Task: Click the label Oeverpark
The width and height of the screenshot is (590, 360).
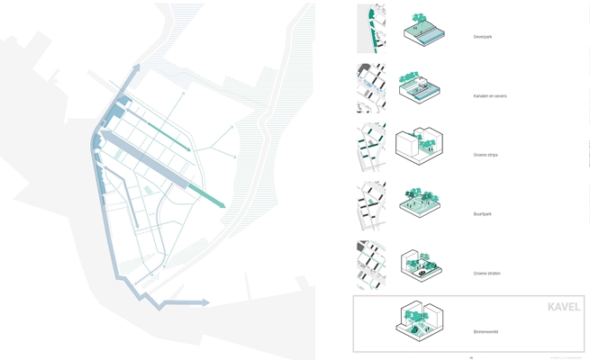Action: pyautogui.click(x=483, y=37)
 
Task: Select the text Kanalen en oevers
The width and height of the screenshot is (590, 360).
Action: pyautogui.click(x=490, y=95)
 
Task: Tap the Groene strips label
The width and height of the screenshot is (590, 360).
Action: pyautogui.click(x=486, y=155)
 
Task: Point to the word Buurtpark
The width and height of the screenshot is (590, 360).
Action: pyautogui.click(x=483, y=214)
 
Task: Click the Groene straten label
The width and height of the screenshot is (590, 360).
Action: pyautogui.click(x=486, y=273)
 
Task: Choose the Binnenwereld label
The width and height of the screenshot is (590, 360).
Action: pyautogui.click(x=486, y=331)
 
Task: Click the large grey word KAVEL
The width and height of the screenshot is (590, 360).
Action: pyautogui.click(x=564, y=307)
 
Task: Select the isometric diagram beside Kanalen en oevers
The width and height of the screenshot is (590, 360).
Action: pyautogui.click(x=419, y=87)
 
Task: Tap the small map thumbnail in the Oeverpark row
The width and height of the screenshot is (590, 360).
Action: pyautogui.click(x=371, y=28)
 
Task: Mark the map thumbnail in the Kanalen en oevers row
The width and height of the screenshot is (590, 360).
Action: pyautogui.click(x=371, y=87)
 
